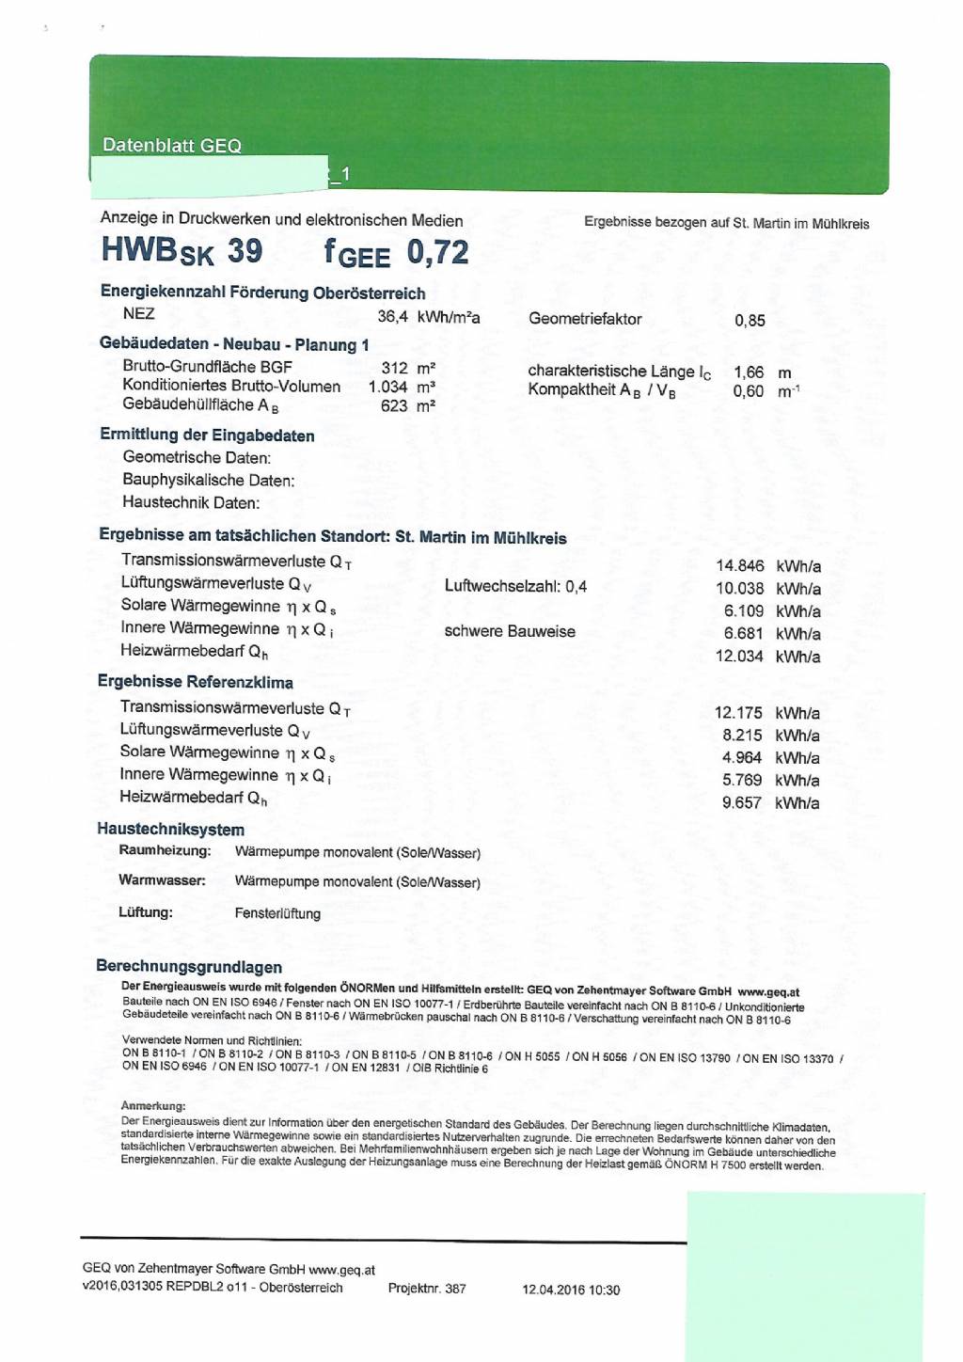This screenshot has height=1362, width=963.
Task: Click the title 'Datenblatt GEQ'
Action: (x=172, y=146)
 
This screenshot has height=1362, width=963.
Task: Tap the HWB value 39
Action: (x=245, y=251)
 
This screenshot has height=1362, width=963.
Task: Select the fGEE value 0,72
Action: (x=437, y=252)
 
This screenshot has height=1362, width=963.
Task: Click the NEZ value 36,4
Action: (x=392, y=317)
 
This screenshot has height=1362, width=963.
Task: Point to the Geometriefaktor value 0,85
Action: (x=750, y=321)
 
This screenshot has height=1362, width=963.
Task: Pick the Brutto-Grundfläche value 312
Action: (x=395, y=368)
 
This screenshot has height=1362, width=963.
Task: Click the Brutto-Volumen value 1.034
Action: (x=387, y=387)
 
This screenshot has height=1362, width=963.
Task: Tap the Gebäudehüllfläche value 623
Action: (x=394, y=406)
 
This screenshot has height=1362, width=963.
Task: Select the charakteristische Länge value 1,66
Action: (x=749, y=372)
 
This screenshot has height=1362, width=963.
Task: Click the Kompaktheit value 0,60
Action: (x=749, y=391)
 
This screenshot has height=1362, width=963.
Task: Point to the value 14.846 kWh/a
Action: (x=740, y=566)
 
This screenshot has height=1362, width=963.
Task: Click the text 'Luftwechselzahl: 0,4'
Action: (x=515, y=587)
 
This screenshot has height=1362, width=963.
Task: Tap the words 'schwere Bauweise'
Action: (x=510, y=631)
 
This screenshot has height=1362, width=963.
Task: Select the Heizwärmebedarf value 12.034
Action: (x=739, y=657)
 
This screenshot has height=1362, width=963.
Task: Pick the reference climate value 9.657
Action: (x=742, y=803)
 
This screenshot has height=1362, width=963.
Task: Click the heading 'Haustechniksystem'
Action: (x=170, y=830)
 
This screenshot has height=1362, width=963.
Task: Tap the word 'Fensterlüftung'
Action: (x=277, y=913)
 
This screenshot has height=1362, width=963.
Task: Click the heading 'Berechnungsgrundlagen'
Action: (x=189, y=967)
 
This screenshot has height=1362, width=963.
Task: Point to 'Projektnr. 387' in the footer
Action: (x=427, y=1289)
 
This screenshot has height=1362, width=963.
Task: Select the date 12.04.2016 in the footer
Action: (x=554, y=1290)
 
